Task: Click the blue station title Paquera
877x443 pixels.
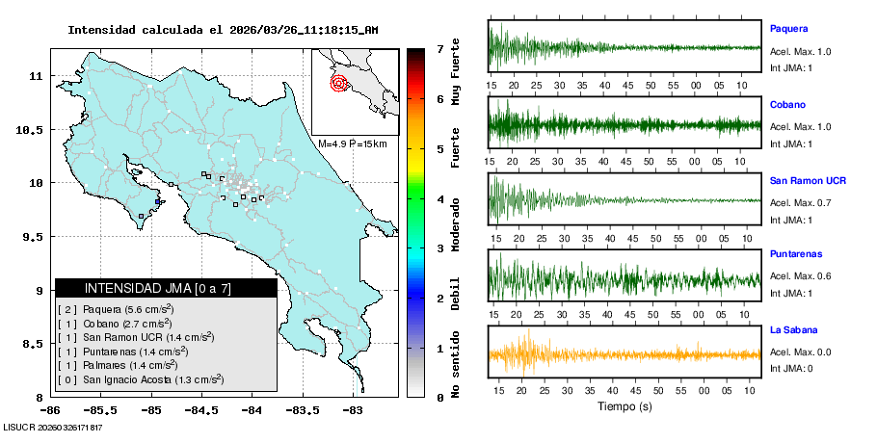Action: (x=787, y=29)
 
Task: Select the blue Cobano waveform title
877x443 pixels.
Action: (x=787, y=104)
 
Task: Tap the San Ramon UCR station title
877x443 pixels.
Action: (x=808, y=181)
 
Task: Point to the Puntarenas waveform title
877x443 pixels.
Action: (x=796, y=254)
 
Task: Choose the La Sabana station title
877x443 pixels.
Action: (x=793, y=330)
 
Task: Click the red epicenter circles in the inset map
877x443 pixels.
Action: (x=339, y=83)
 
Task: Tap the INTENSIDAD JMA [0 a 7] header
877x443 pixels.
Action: (x=158, y=288)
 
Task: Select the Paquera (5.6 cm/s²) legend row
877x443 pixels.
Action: (x=116, y=309)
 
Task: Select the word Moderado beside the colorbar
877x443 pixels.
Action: (x=455, y=222)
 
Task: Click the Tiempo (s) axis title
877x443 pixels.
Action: (x=624, y=406)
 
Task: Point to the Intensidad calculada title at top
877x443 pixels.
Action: (x=223, y=30)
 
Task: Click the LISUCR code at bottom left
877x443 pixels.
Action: (x=54, y=427)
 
